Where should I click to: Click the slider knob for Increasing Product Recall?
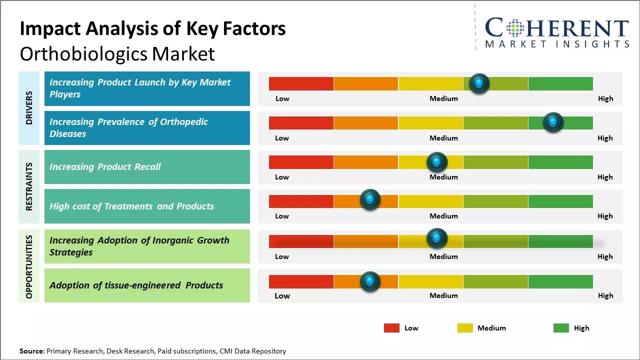(436, 162)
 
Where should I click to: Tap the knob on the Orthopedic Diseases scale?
(553, 122)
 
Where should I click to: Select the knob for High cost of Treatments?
(370, 200)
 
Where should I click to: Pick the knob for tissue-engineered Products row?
(370, 281)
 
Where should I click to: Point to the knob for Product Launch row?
(479, 83)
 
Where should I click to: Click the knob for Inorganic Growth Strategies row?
(436, 238)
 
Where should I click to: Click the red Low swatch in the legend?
(391, 328)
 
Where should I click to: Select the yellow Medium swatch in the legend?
(465, 328)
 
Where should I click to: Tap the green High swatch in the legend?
(561, 328)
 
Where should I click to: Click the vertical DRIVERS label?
(29, 108)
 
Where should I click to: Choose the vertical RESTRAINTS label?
(29, 186)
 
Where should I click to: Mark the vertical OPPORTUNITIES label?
(29, 266)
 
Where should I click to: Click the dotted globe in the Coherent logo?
(514, 28)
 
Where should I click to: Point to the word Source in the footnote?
(31, 351)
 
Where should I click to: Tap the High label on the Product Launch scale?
(605, 98)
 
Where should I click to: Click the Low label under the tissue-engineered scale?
(282, 295)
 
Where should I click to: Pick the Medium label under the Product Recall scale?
(443, 177)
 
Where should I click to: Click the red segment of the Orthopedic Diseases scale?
(301, 122)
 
